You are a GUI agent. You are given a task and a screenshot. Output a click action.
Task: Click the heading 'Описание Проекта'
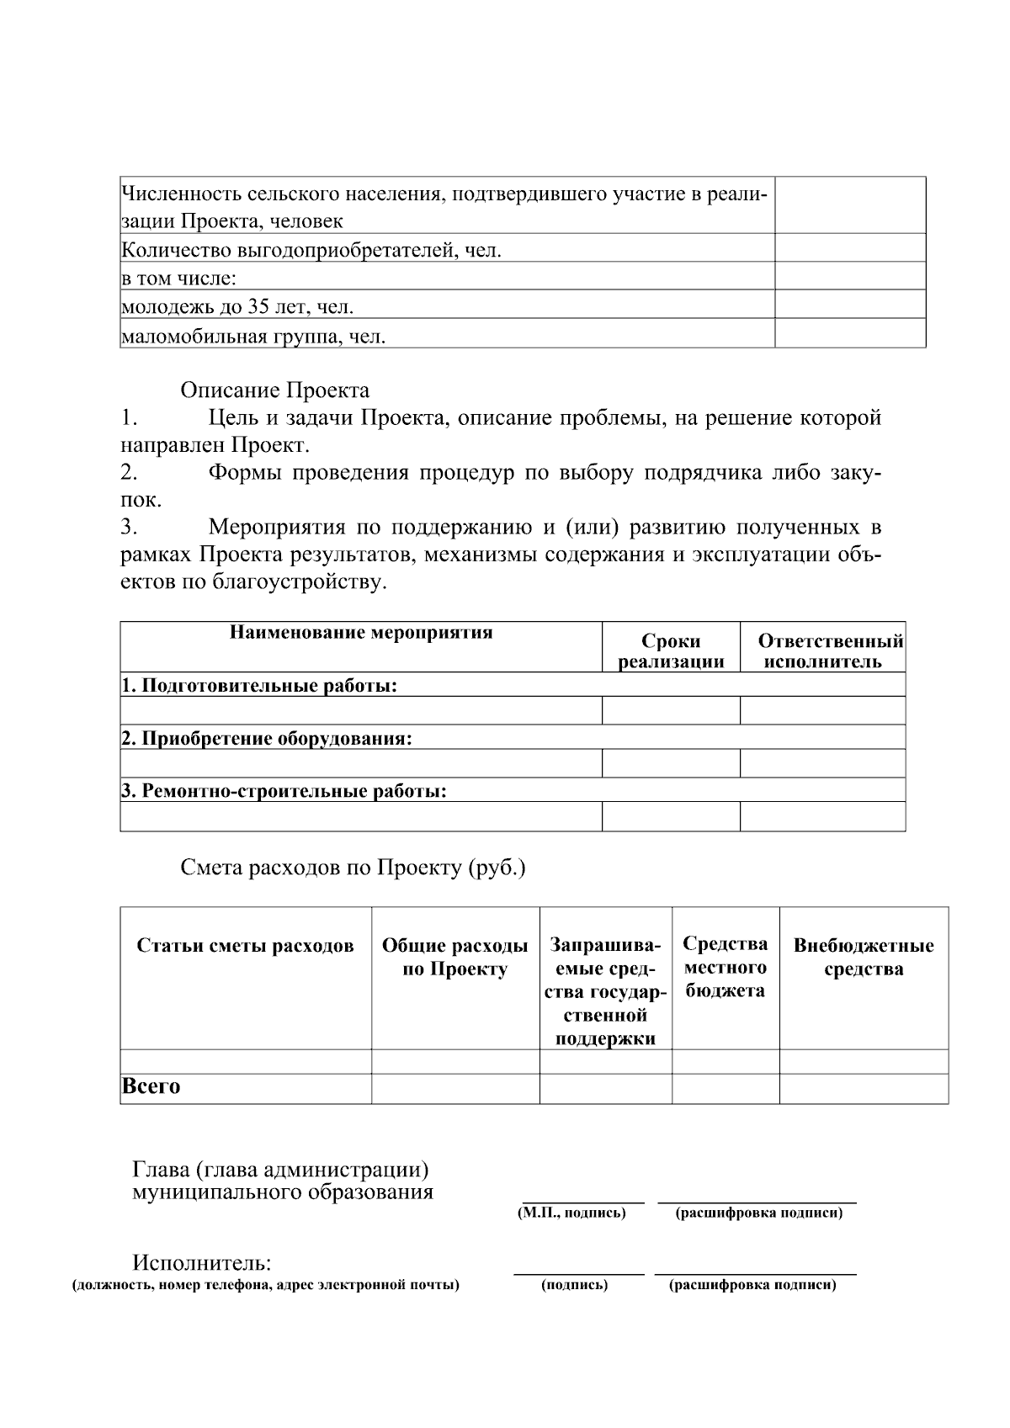coord(274,390)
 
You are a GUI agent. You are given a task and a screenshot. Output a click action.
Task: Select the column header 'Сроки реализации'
coord(671,651)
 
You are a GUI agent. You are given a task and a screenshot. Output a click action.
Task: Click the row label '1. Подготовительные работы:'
coord(259,685)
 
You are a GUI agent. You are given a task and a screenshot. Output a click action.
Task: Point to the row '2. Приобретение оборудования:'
coord(267,738)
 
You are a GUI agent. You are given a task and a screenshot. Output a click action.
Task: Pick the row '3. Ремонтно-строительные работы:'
coord(284,790)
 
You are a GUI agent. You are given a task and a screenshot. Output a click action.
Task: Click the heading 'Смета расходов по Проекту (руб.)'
coord(353,868)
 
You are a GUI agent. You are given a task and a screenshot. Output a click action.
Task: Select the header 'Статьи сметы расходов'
coord(245,946)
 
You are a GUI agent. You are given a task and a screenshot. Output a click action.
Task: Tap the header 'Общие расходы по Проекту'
coord(454,958)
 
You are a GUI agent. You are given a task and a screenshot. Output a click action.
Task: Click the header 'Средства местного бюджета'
coord(725,967)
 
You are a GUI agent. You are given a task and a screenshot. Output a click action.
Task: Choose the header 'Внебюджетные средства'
coord(864,957)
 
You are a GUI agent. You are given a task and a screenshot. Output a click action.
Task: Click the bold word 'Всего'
coord(151,1086)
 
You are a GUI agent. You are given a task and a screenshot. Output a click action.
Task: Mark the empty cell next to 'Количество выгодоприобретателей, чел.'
coord(849,249)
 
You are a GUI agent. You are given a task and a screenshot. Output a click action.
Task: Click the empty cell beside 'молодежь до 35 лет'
coord(849,305)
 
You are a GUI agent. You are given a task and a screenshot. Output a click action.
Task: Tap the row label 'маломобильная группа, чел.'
coord(254,337)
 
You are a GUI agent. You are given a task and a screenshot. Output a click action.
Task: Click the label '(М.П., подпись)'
coord(571,1213)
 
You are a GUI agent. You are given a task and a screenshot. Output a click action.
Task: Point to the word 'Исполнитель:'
coord(202,1263)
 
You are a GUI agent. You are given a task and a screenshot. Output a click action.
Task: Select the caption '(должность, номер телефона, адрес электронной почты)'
coord(266,1285)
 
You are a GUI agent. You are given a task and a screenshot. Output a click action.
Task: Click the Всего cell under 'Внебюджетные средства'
coord(864,1088)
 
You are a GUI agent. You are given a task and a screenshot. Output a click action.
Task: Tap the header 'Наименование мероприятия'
coord(361,633)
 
